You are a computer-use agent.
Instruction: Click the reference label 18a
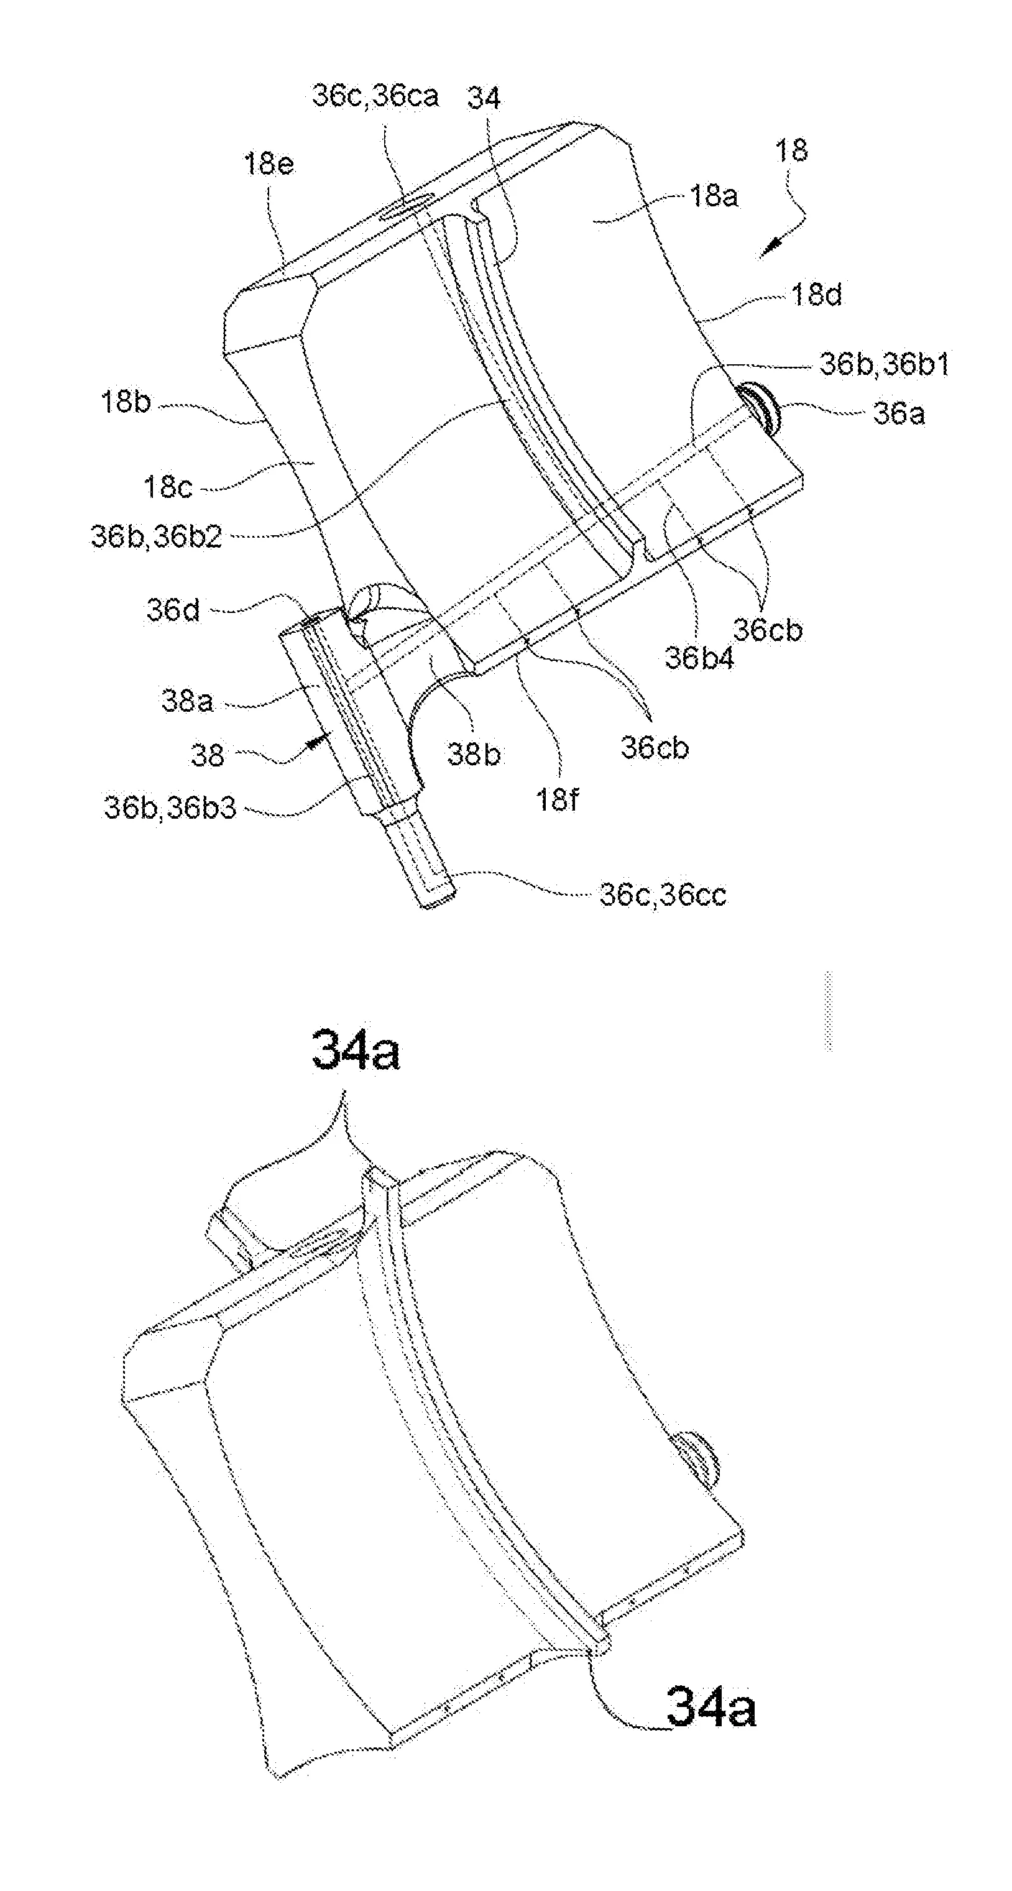click(x=714, y=196)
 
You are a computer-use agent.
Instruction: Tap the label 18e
click(x=269, y=163)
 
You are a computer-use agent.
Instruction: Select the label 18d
click(x=817, y=295)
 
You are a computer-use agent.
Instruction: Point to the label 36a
click(x=899, y=414)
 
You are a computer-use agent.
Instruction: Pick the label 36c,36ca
click(x=375, y=96)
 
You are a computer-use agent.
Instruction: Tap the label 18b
click(x=126, y=402)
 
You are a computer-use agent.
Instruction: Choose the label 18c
click(x=168, y=487)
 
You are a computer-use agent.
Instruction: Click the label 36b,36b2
click(x=156, y=536)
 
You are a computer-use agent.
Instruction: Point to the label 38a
click(x=187, y=701)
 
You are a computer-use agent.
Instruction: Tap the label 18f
click(x=557, y=799)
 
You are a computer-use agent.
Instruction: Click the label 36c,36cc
click(x=663, y=894)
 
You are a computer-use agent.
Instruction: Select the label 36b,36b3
click(x=170, y=807)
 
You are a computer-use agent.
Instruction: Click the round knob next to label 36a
click(x=761, y=410)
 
